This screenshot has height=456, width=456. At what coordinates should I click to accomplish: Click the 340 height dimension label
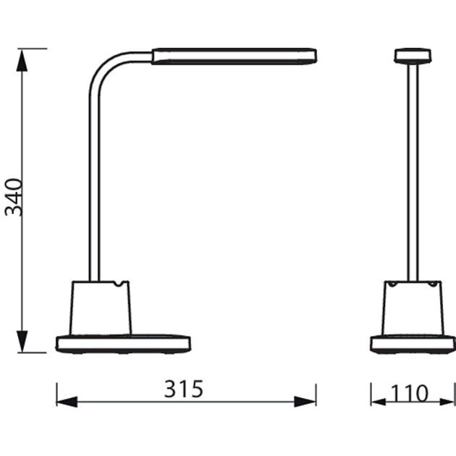coord(15,196)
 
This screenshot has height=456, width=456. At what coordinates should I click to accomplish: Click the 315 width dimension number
coord(184,389)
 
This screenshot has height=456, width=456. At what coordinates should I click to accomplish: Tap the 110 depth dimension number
coord(410,393)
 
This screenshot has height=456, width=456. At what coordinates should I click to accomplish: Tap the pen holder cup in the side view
coord(101,308)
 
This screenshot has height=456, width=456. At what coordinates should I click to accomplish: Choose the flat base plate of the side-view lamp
coord(123,343)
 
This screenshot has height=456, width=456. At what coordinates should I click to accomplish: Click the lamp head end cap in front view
coord(413,55)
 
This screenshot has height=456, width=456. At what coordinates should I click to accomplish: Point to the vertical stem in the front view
coord(413,174)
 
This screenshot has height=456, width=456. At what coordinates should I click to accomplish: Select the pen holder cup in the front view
coord(412,308)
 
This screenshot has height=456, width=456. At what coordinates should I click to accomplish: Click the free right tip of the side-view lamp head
coord(313,56)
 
